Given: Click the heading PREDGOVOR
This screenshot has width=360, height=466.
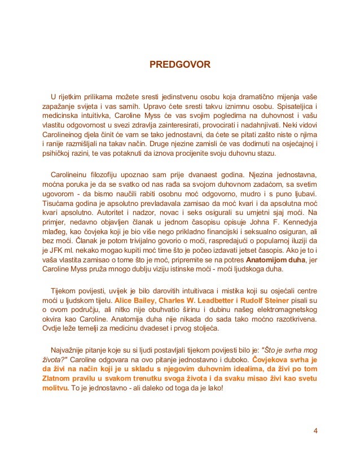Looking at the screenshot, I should (179, 65).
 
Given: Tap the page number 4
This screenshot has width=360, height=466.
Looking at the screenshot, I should (315, 432).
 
